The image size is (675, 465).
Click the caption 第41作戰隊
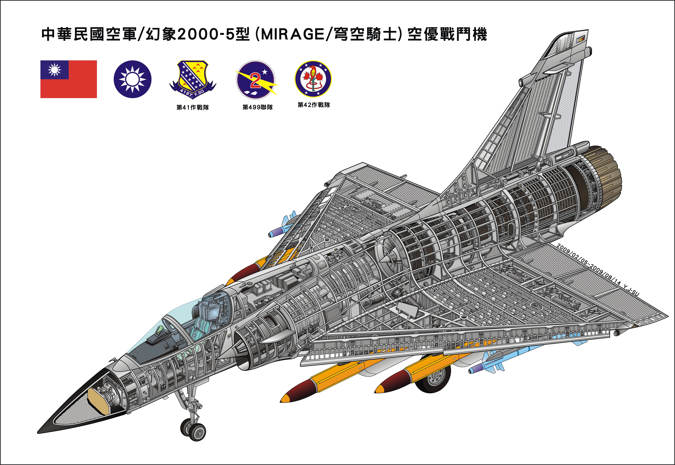pyautogui.click(x=193, y=108)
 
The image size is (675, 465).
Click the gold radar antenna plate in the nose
pyautogui.click(x=99, y=401)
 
